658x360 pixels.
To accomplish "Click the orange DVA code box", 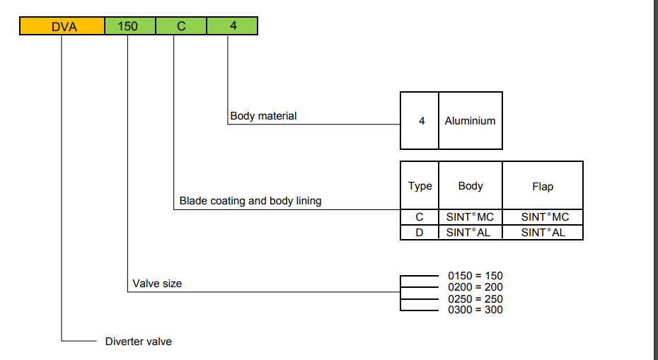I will [62, 27].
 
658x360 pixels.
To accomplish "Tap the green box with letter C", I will [181, 27].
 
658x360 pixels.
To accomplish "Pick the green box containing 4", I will [232, 27].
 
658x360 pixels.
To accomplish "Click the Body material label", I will [263, 115].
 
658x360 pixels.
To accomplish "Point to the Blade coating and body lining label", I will [250, 201].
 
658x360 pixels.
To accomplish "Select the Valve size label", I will [157, 284].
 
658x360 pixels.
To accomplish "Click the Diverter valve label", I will [139, 342].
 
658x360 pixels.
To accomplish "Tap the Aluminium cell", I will [470, 121].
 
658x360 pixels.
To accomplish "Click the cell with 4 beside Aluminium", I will [422, 121].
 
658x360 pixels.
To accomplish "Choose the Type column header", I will [420, 186].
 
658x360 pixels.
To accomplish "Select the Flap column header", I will [543, 187].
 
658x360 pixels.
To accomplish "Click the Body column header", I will [471, 186].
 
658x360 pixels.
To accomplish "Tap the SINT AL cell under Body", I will [471, 232].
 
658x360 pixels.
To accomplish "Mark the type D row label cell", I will [420, 232].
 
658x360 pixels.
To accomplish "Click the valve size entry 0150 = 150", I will [475, 276].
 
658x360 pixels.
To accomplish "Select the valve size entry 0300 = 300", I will [475, 310].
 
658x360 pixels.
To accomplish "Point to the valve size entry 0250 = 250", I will [475, 298].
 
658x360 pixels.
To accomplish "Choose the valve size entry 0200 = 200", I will [475, 287].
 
